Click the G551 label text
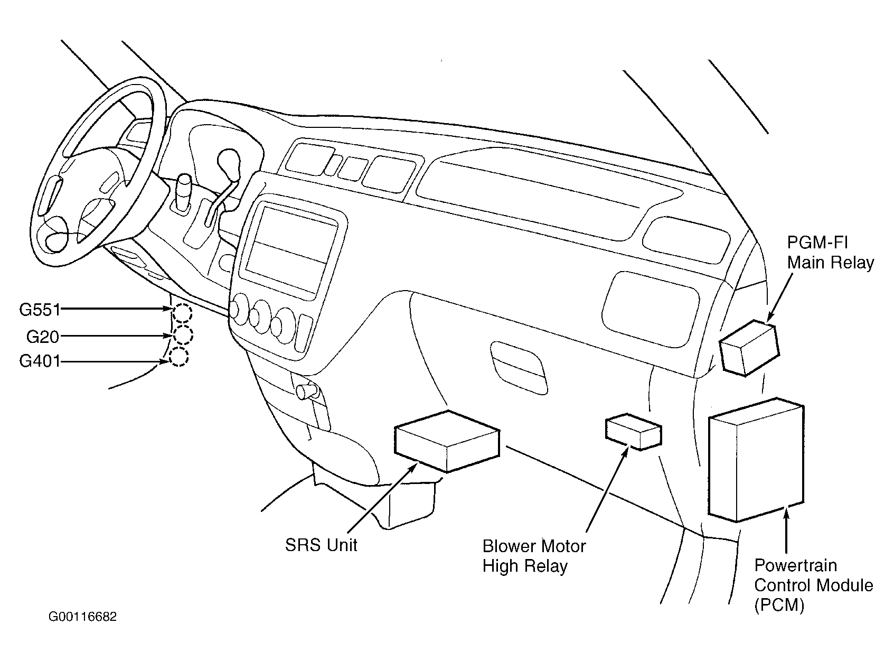click(x=40, y=310)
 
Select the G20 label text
click(x=43, y=337)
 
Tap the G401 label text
click(x=40, y=361)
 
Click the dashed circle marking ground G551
click(x=182, y=313)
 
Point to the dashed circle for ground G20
click(x=183, y=335)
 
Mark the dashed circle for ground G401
click(x=178, y=357)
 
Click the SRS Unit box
click(x=447, y=442)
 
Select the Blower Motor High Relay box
click(x=634, y=432)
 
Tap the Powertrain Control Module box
click(x=756, y=460)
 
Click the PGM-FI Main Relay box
click(x=750, y=348)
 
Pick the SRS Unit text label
click(x=321, y=545)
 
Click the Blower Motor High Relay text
click(x=534, y=556)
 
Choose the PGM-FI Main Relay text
click(x=830, y=253)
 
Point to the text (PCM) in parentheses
click(x=779, y=605)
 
